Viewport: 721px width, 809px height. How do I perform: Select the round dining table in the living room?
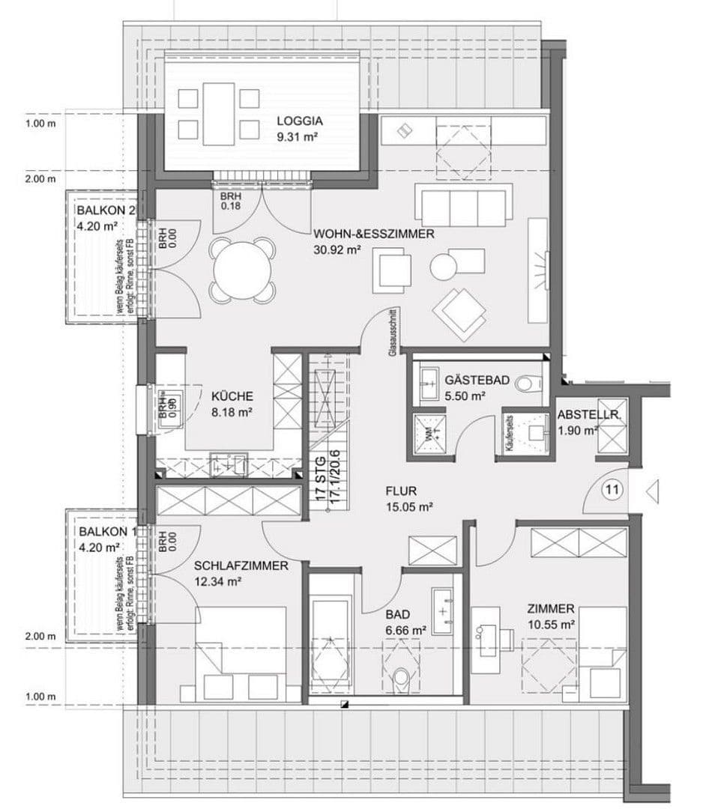tap(242, 270)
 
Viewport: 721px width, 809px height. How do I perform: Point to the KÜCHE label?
tap(232, 396)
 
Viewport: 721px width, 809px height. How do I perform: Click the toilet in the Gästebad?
tap(529, 383)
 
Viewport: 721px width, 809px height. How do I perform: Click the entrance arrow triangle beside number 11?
tap(651, 491)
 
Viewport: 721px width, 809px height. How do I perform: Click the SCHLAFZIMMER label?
tap(241, 566)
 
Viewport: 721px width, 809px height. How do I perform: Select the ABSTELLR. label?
tap(587, 414)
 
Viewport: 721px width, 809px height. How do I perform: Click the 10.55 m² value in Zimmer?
tap(550, 623)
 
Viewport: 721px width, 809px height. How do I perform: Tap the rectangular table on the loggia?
tap(218, 114)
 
